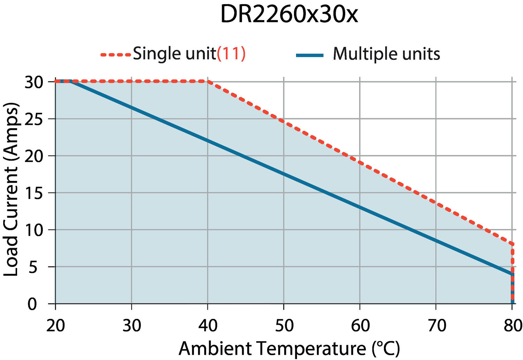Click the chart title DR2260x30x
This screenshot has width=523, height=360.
click(x=289, y=15)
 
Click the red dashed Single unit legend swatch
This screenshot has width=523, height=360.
click(x=116, y=54)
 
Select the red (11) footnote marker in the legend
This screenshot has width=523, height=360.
click(x=231, y=54)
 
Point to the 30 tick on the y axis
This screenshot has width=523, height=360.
click(x=33, y=82)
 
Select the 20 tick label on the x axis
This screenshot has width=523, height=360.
click(x=56, y=325)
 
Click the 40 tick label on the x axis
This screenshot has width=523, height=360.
click(x=208, y=325)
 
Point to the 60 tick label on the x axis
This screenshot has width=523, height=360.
click(x=360, y=325)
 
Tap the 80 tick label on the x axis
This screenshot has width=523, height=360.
click(x=512, y=325)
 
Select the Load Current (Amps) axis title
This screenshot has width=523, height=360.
click(x=11, y=190)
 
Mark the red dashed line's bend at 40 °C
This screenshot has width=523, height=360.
click(x=207, y=82)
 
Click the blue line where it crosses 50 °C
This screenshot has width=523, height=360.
click(x=283, y=174)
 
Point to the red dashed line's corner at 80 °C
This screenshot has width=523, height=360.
click(x=512, y=244)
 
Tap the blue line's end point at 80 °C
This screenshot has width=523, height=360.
click(x=512, y=274)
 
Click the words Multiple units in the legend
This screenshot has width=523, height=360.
click(x=386, y=54)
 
